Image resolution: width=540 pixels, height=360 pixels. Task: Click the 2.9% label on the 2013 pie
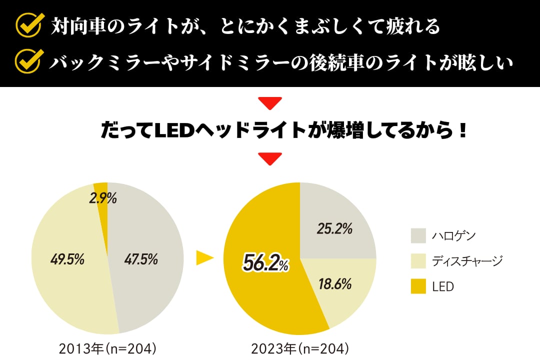point(103,198)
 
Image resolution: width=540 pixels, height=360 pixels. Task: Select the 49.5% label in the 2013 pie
point(67,259)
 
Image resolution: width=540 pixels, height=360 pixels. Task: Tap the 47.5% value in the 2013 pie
point(141,259)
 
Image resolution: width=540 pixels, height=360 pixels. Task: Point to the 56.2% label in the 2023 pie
point(265,263)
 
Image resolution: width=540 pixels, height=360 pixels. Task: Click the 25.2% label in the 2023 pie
point(334,229)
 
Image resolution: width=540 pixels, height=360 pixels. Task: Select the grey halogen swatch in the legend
point(418,235)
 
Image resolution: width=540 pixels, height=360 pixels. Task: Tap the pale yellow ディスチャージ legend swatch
point(418,261)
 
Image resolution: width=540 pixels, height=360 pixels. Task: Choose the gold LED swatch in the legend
point(418,286)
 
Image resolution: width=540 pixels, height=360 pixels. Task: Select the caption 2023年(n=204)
point(299,348)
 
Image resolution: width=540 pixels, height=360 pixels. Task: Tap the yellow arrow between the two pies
point(204,258)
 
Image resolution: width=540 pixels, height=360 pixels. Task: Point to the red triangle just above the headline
point(270,103)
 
